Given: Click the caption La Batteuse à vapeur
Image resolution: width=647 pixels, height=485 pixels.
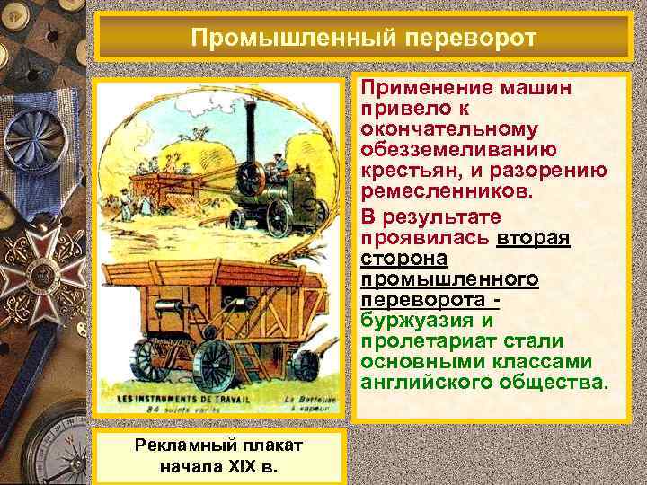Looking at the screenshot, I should point(310,401).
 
